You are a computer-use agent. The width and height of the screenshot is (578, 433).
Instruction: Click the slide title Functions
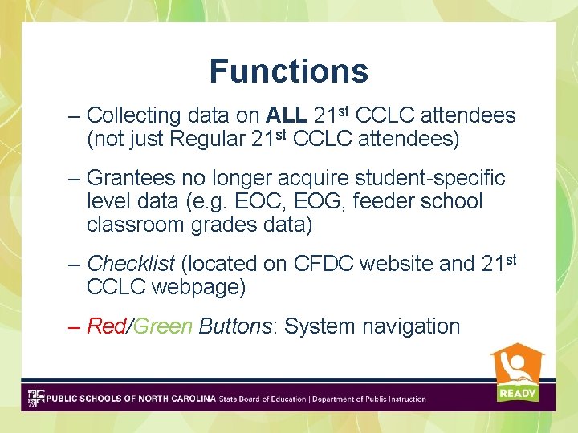click(288, 71)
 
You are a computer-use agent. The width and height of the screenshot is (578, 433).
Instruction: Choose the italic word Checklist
click(132, 263)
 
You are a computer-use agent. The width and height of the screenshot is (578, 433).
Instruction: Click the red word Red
click(106, 326)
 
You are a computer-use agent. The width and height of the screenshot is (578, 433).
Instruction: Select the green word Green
click(163, 326)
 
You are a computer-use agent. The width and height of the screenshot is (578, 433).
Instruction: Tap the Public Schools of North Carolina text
click(131, 399)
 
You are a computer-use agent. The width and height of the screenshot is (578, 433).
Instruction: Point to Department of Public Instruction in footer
click(369, 399)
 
